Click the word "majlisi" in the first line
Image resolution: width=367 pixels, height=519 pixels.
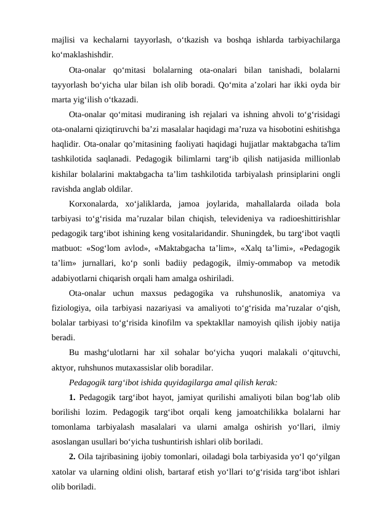tap(63, 38)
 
